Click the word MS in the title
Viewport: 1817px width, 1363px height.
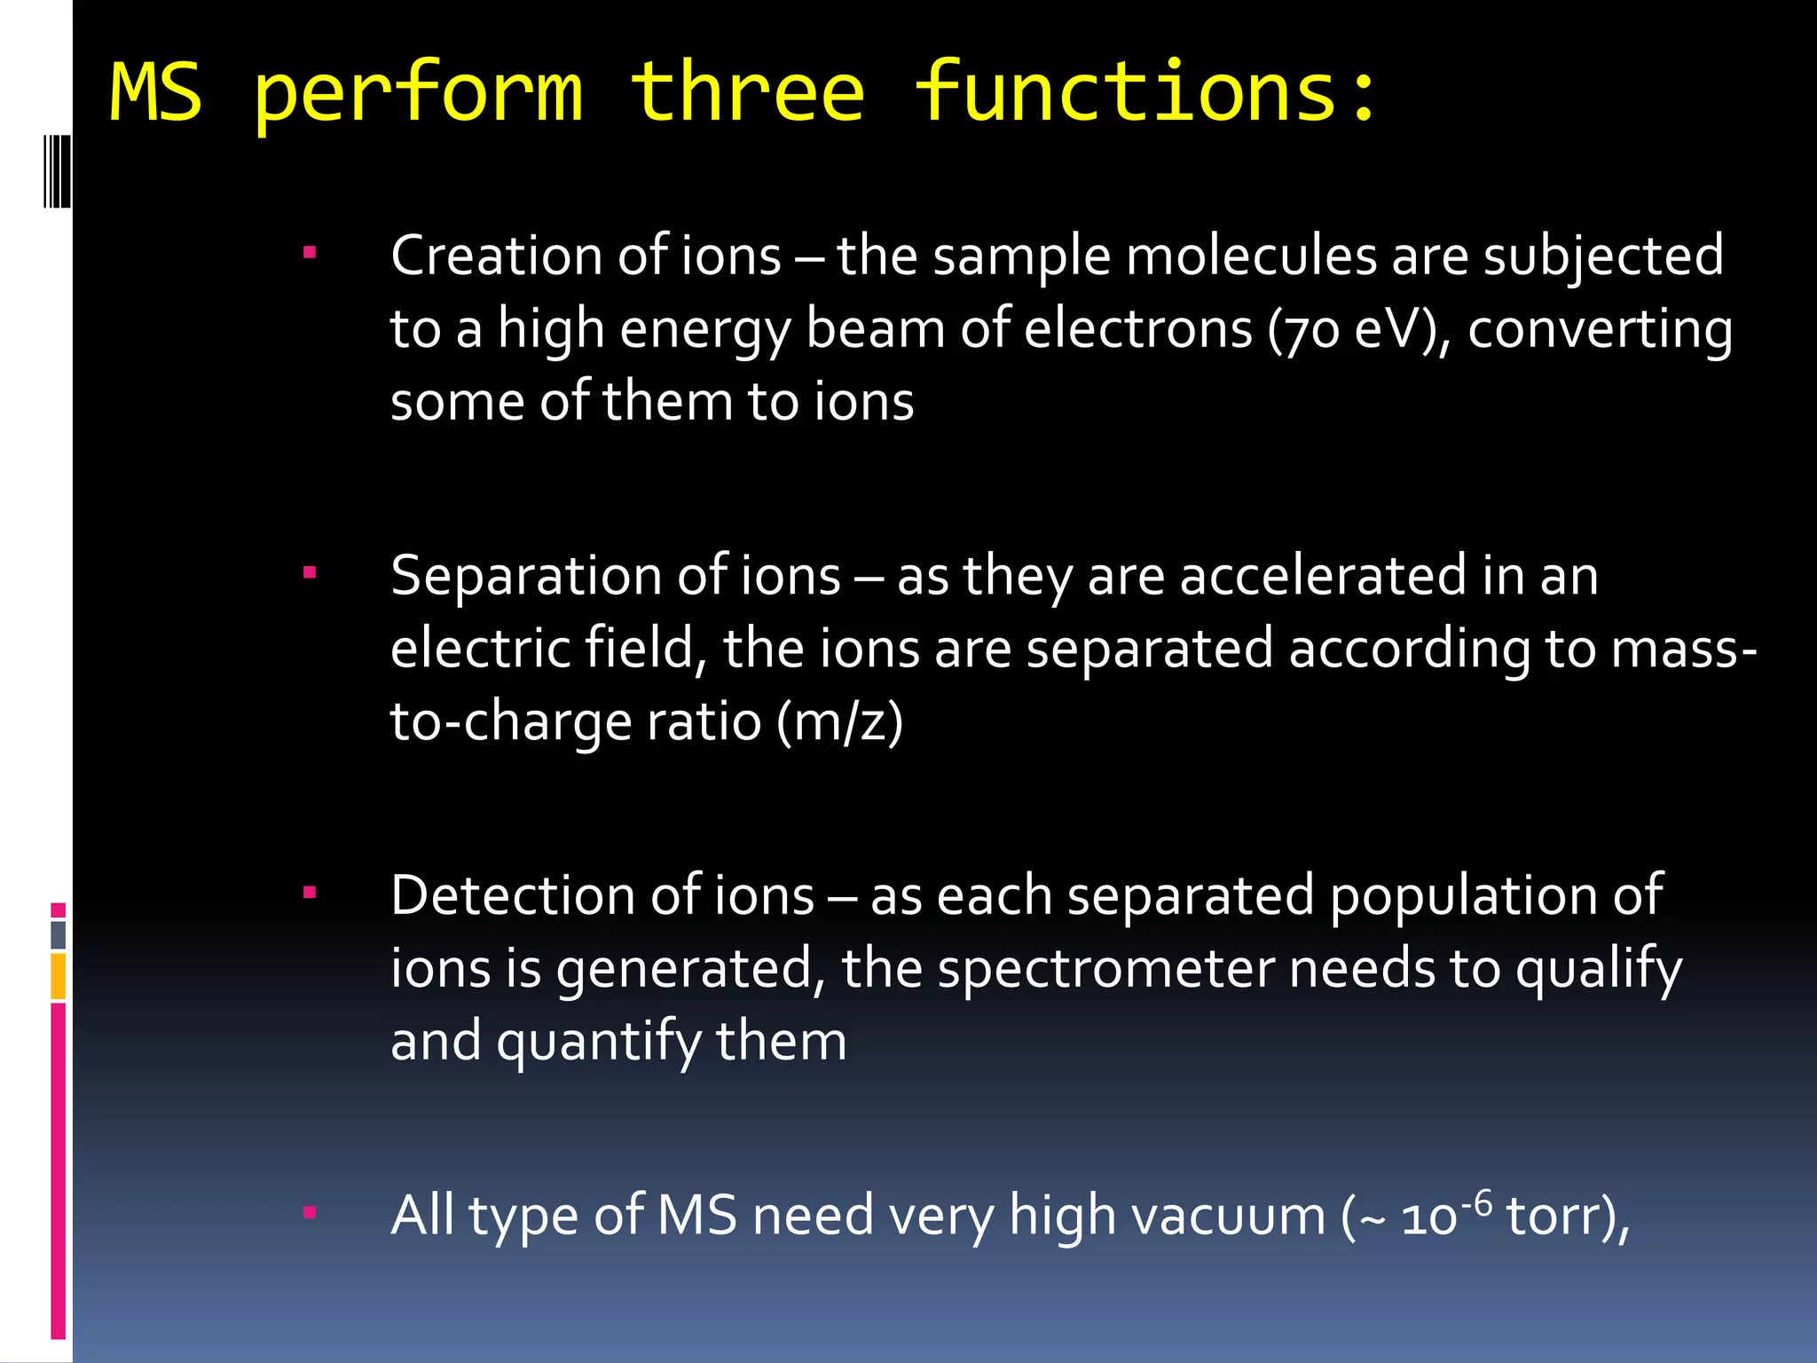coord(156,92)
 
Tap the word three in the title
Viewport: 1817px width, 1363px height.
coord(747,92)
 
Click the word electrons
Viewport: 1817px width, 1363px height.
coord(1138,330)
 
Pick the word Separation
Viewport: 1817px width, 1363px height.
coord(526,577)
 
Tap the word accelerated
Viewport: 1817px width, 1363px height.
coord(1323,577)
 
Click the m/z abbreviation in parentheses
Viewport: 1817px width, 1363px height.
coord(839,721)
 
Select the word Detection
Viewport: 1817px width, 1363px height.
coord(513,896)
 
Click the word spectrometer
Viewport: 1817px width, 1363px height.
coord(1105,969)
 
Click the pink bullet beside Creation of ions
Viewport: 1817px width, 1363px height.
coord(310,254)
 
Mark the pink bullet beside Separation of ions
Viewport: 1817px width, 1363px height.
coord(310,573)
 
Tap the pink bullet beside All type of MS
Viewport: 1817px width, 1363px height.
coord(310,1212)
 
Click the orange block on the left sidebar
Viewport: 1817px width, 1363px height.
coord(59,976)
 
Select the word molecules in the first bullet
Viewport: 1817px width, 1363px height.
coord(1250,256)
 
